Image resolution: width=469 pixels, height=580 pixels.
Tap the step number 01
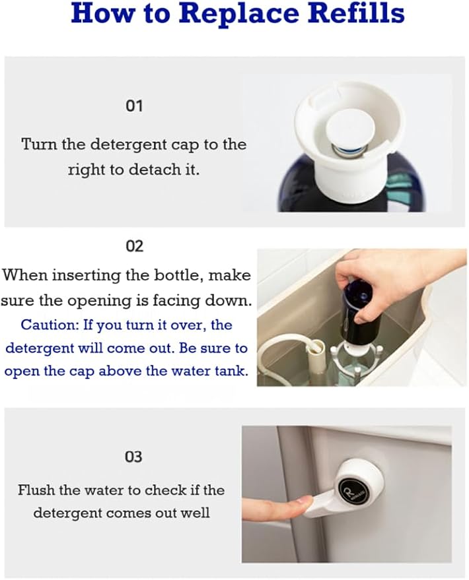pos(134,106)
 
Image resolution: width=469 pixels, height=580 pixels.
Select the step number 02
pos(134,246)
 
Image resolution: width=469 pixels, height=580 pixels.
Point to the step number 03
pos(133,457)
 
